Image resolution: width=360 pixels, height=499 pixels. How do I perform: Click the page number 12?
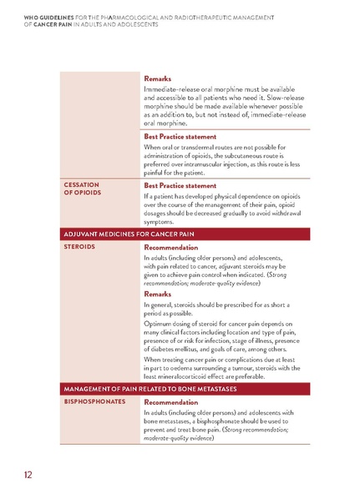(x=28, y=475)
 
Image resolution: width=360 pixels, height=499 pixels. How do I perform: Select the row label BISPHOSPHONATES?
(x=94, y=401)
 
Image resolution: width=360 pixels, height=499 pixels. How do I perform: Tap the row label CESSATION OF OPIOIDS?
(x=82, y=189)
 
